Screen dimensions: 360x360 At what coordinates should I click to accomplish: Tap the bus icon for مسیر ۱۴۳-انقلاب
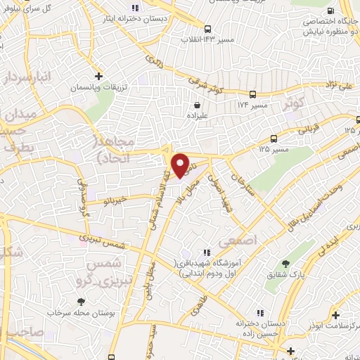[207, 29]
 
